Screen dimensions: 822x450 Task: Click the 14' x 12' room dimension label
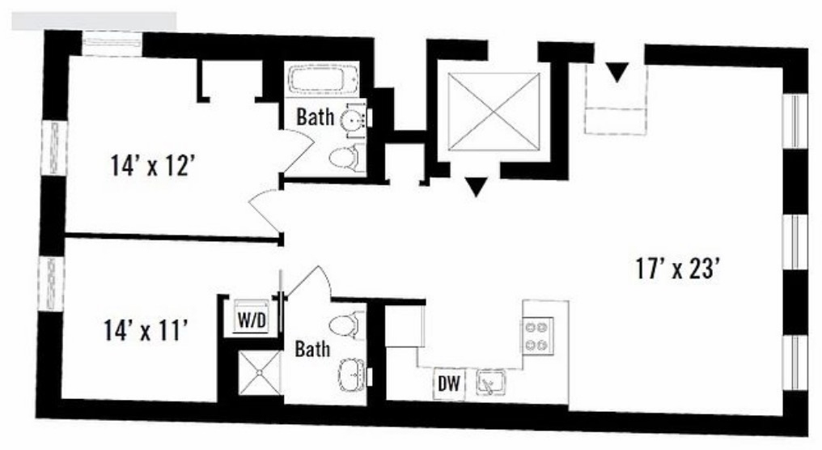click(x=153, y=166)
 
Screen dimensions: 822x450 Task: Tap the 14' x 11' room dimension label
click(x=145, y=331)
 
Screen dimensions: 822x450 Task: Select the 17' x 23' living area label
click(x=676, y=270)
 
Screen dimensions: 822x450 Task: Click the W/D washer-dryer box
click(x=252, y=316)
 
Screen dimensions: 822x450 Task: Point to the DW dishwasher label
click(x=449, y=384)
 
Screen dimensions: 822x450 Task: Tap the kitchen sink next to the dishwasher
click(x=490, y=382)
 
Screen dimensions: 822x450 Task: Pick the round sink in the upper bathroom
click(x=350, y=121)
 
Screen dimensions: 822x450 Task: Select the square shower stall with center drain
click(x=260, y=372)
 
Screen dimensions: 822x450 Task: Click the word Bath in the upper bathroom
click(x=315, y=117)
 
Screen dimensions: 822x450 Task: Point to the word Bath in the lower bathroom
click(x=312, y=349)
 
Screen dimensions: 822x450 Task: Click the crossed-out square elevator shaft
click(x=494, y=112)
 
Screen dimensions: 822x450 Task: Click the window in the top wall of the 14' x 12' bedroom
click(x=112, y=44)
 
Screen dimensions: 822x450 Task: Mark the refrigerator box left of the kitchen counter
click(x=405, y=325)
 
